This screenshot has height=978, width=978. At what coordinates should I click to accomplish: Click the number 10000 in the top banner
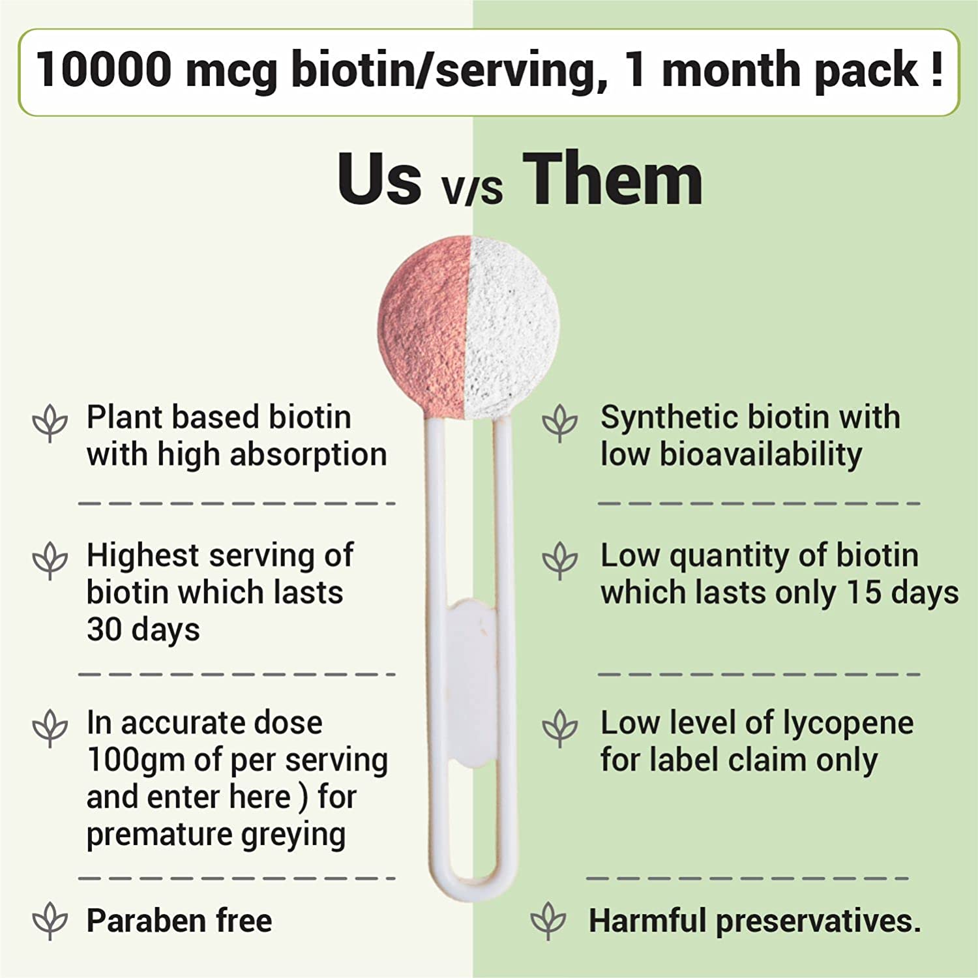click(104, 69)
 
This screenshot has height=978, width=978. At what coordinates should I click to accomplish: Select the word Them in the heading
click(613, 178)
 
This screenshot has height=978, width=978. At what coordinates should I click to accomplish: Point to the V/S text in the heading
click(471, 189)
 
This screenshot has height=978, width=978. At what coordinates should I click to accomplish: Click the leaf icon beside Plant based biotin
click(50, 422)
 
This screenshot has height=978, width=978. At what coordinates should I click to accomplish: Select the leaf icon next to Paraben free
click(50, 921)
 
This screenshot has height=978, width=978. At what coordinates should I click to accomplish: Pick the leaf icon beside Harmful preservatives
click(548, 921)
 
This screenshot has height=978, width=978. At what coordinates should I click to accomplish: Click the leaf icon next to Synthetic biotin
click(560, 422)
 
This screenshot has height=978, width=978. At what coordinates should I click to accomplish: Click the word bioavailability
click(760, 455)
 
